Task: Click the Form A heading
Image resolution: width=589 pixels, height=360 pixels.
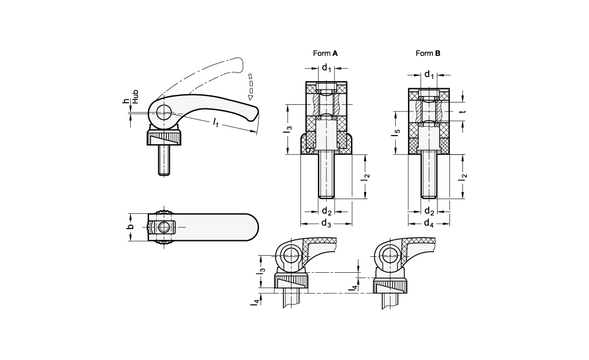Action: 325,54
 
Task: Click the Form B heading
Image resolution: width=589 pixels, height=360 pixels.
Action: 428,54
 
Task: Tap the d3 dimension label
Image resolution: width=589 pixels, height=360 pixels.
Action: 326,223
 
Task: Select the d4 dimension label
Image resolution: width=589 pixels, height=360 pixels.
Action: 429,223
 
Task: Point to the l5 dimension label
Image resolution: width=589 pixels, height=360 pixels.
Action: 396,133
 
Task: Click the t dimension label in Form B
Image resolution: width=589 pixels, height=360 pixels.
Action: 464,111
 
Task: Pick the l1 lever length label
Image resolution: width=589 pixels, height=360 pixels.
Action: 216,122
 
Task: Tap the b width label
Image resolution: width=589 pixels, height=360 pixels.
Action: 130,227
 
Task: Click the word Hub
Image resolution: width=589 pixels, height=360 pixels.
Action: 135,97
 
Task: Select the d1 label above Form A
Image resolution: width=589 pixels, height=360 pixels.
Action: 326,68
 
